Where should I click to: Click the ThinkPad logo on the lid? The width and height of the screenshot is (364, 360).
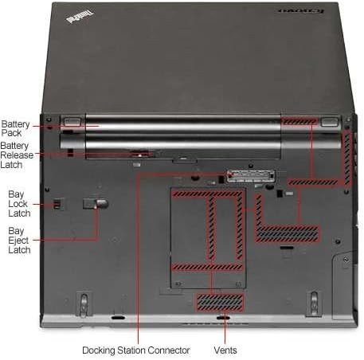(80, 17)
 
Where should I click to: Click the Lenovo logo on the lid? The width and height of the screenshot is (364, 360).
(302, 11)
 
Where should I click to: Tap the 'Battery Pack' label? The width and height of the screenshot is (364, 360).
(15, 128)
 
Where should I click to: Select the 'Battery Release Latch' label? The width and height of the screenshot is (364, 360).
(17, 155)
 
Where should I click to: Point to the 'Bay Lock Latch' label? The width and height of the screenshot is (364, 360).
(19, 204)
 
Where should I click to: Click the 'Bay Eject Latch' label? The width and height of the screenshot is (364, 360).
(19, 241)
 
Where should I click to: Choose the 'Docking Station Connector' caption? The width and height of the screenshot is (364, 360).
(136, 350)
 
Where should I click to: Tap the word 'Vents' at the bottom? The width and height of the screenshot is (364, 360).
(225, 350)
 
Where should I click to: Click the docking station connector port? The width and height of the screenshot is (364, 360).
(251, 176)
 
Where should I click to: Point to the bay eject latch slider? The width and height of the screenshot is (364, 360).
(96, 204)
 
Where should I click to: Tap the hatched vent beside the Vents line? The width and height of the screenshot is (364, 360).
(220, 302)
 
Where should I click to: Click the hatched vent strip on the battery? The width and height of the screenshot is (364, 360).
(299, 121)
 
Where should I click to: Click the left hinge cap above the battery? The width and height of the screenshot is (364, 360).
(72, 121)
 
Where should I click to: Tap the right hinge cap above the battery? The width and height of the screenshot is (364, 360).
(330, 122)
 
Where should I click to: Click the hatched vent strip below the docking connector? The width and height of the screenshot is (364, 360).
(313, 182)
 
